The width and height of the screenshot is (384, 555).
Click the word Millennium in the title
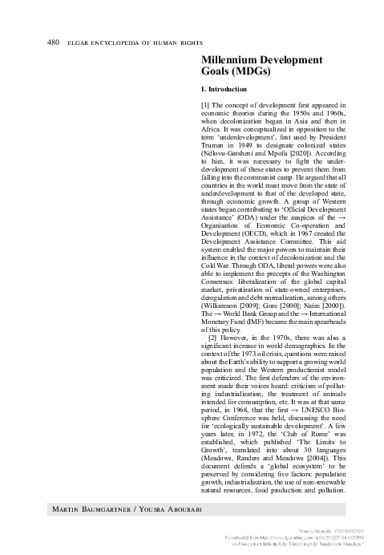tap(233, 59)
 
